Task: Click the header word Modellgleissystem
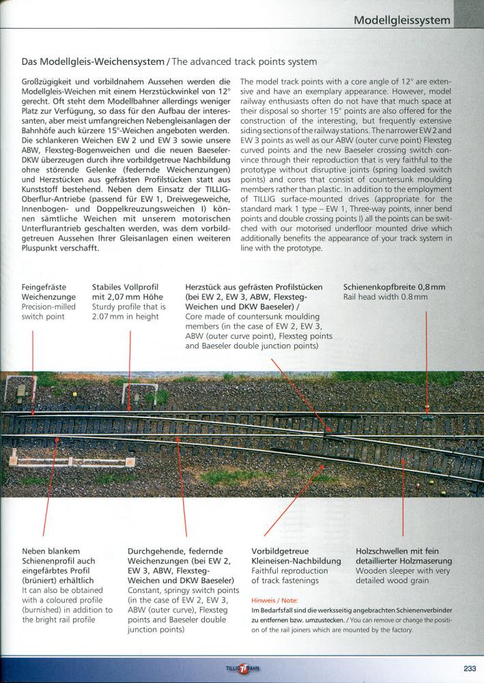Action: (402, 20)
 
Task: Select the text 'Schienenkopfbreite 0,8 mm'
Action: (394, 288)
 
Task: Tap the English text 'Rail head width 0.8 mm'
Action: (385, 297)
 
